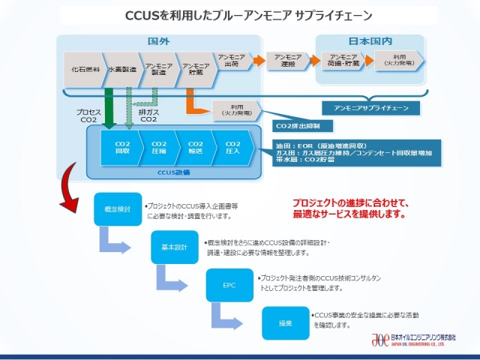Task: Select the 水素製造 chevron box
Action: click(x=121, y=69)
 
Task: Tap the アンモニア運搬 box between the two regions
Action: click(x=288, y=60)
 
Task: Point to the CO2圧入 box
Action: click(x=232, y=147)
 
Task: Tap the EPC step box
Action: click(x=229, y=285)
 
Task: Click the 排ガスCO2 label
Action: click(x=148, y=115)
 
